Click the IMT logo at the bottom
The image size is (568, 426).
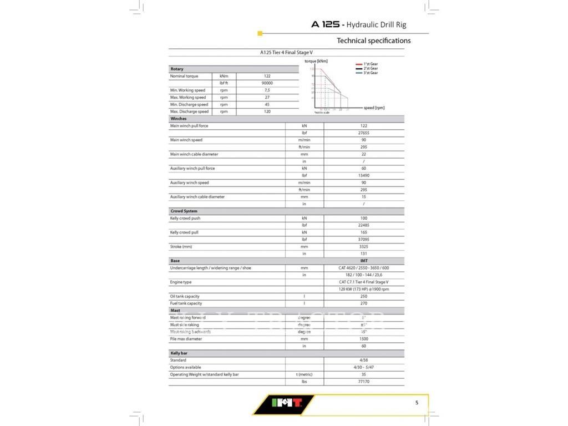point(283,404)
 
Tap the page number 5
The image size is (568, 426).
point(417,403)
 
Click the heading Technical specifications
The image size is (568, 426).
point(374,40)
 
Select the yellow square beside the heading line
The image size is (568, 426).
point(260,34)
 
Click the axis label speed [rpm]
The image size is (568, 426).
point(374,108)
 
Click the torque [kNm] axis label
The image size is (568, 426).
point(316,60)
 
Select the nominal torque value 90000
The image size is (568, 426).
point(267,83)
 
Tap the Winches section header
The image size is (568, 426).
point(179,119)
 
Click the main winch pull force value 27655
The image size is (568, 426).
point(364,133)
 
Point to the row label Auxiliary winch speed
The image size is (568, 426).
point(189,182)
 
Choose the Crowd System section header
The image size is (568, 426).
point(184,211)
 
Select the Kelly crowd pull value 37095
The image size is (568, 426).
point(364,240)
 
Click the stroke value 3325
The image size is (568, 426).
point(364,247)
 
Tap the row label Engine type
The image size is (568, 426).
point(181,282)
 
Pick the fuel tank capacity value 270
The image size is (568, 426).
point(364,303)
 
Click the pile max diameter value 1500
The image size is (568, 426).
point(364,339)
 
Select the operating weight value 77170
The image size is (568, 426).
point(364,382)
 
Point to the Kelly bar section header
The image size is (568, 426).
point(179,353)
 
